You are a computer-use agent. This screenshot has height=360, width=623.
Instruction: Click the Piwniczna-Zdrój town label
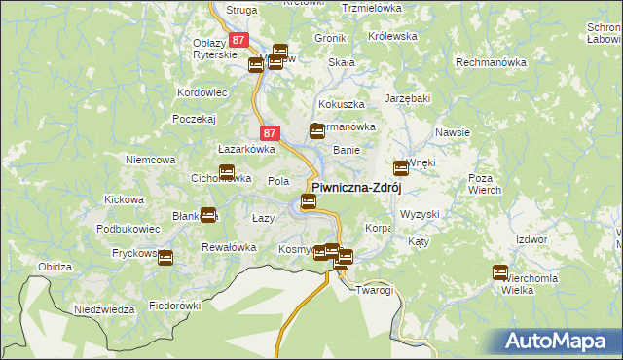pyautogui.click(x=356, y=187)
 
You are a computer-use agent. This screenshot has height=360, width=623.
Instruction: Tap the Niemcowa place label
pyautogui.click(x=150, y=159)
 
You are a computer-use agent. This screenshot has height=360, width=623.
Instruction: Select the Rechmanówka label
pyautogui.click(x=491, y=62)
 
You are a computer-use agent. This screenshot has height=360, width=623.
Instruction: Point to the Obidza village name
pyautogui.click(x=55, y=267)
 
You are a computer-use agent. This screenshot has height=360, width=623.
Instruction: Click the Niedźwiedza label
pyautogui.click(x=103, y=309)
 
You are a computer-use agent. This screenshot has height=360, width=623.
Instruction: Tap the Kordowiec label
pyautogui.click(x=202, y=92)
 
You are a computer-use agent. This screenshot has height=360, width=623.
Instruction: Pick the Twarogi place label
pyautogui.click(x=374, y=290)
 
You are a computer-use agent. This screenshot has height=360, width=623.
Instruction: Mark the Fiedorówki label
pyautogui.click(x=174, y=305)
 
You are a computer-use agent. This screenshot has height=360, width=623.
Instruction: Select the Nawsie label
pyautogui.click(x=454, y=132)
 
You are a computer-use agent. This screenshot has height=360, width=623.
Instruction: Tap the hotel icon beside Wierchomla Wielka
pyautogui.click(x=500, y=272)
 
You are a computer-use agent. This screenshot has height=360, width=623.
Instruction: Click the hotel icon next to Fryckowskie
pyautogui.click(x=165, y=258)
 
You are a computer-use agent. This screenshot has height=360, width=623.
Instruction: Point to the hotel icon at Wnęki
pyautogui.click(x=400, y=167)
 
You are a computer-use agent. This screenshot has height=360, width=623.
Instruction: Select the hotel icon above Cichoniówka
pyautogui.click(x=227, y=173)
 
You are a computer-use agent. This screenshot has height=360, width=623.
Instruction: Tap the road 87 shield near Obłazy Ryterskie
pyautogui.click(x=239, y=40)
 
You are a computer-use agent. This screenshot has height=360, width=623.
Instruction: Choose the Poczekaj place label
pyautogui.click(x=193, y=118)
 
